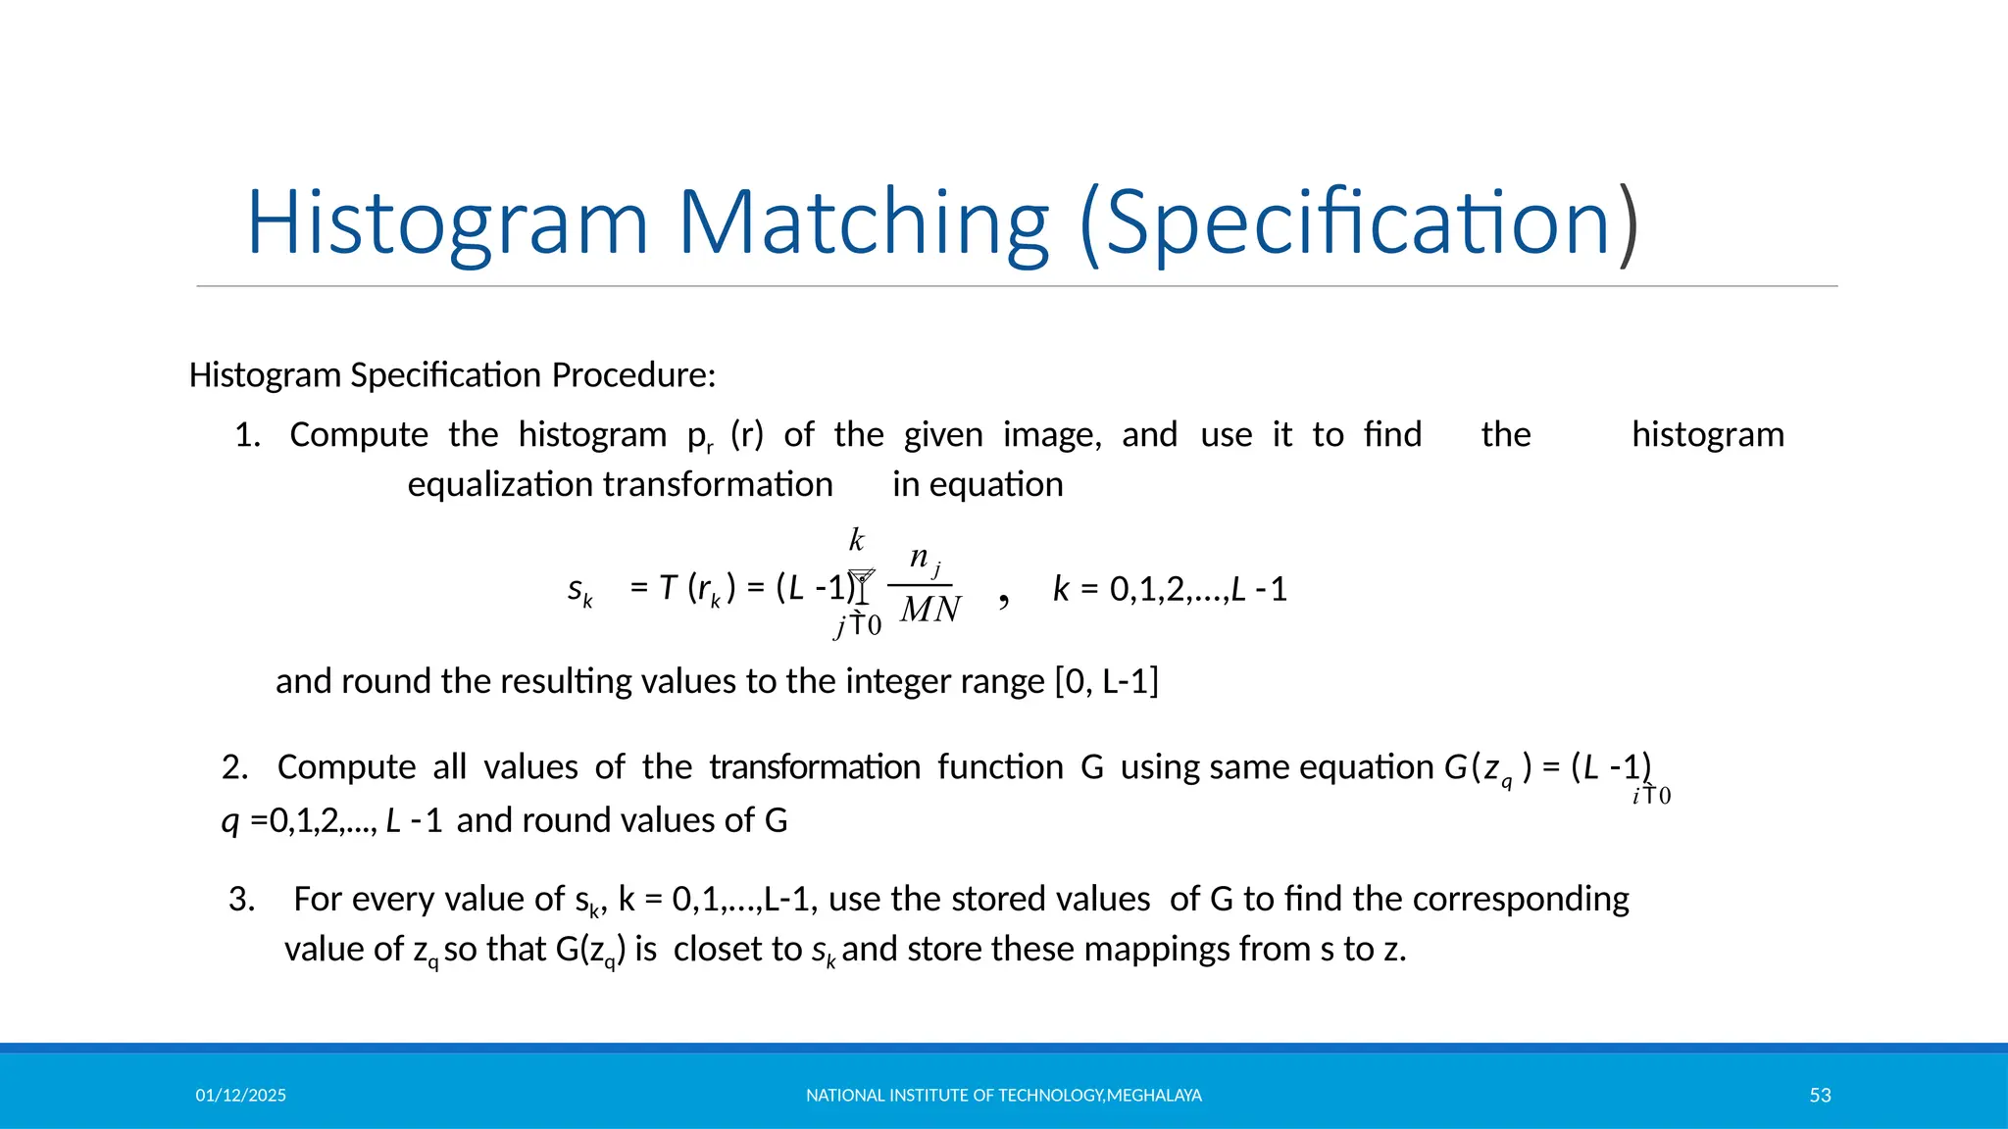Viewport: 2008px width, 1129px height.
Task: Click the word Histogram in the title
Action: [447, 223]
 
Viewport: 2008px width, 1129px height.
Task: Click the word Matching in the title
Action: [864, 223]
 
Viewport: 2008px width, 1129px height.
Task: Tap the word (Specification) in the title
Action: [1358, 223]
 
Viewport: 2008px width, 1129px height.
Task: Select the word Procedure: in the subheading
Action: [633, 375]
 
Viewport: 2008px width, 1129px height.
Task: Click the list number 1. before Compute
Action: [248, 435]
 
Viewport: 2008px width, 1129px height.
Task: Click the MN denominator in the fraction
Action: [930, 611]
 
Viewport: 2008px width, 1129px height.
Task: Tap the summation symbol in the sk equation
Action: [861, 586]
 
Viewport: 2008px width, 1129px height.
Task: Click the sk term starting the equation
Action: [579, 590]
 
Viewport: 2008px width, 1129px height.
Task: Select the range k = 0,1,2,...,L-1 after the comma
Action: [1170, 590]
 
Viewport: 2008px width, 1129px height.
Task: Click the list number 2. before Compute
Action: [235, 767]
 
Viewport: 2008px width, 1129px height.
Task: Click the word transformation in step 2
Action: [815, 767]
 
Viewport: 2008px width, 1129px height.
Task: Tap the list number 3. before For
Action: [242, 900]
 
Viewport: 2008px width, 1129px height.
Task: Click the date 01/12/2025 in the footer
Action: [241, 1096]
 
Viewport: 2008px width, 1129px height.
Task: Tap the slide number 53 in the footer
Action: [1820, 1096]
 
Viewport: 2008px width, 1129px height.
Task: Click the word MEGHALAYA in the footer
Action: [1154, 1096]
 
